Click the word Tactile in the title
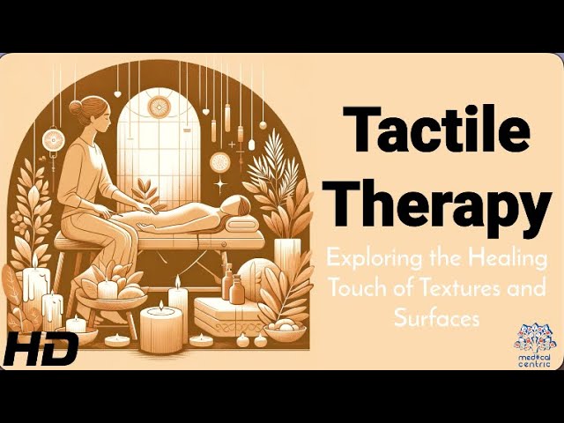tap(437, 129)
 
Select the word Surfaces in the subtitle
tap(437, 318)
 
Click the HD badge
tap(41, 348)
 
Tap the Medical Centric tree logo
tap(534, 345)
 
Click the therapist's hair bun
tap(76, 108)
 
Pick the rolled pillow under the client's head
tap(241, 225)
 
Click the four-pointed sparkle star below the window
tap(220, 184)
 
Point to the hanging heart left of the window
tap(117, 94)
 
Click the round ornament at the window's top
tap(159, 107)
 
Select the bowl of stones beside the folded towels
tap(284, 330)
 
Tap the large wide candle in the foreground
tap(161, 331)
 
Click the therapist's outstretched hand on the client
tap(147, 209)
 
